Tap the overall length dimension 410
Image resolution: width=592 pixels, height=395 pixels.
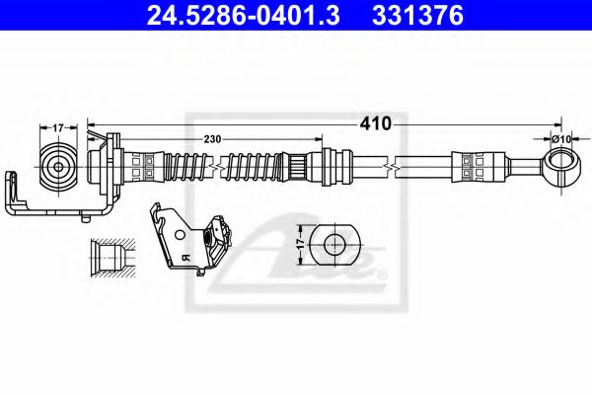point(376,123)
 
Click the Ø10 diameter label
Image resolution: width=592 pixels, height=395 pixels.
point(561,139)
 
